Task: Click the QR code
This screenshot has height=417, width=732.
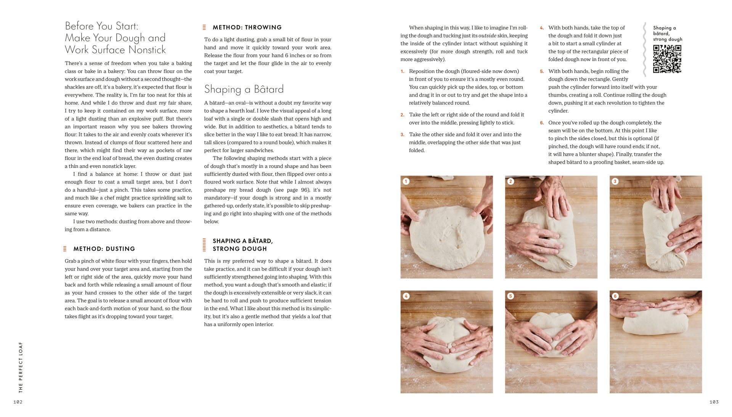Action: [x=667, y=59]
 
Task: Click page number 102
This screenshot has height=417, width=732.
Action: [x=18, y=402]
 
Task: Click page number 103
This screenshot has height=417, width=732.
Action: [x=714, y=402]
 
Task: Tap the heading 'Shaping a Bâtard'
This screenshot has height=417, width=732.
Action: [x=244, y=89]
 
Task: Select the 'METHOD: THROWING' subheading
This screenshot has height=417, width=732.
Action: [x=247, y=27]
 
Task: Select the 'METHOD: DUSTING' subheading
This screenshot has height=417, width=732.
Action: [x=104, y=249]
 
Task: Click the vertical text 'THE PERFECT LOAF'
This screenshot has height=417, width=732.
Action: [x=21, y=367]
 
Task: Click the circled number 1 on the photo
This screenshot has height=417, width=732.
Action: [x=406, y=181]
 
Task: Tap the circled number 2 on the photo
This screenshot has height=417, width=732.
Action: [x=510, y=181]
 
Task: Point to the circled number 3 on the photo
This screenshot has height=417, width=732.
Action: [x=615, y=181]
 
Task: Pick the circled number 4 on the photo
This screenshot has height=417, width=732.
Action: [x=406, y=296]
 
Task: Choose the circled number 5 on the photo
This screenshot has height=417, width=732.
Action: [x=510, y=296]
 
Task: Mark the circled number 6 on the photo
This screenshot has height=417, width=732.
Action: [x=615, y=296]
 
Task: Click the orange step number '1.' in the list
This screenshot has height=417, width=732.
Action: [x=402, y=71]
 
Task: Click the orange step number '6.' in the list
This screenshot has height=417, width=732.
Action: [x=542, y=123]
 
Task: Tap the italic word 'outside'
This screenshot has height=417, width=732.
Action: [x=487, y=35]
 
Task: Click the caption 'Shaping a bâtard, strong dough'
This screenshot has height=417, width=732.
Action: [x=667, y=34]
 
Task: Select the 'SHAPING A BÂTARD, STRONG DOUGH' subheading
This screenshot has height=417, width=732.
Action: [x=242, y=245]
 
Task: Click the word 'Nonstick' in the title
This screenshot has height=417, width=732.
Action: [x=147, y=50]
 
